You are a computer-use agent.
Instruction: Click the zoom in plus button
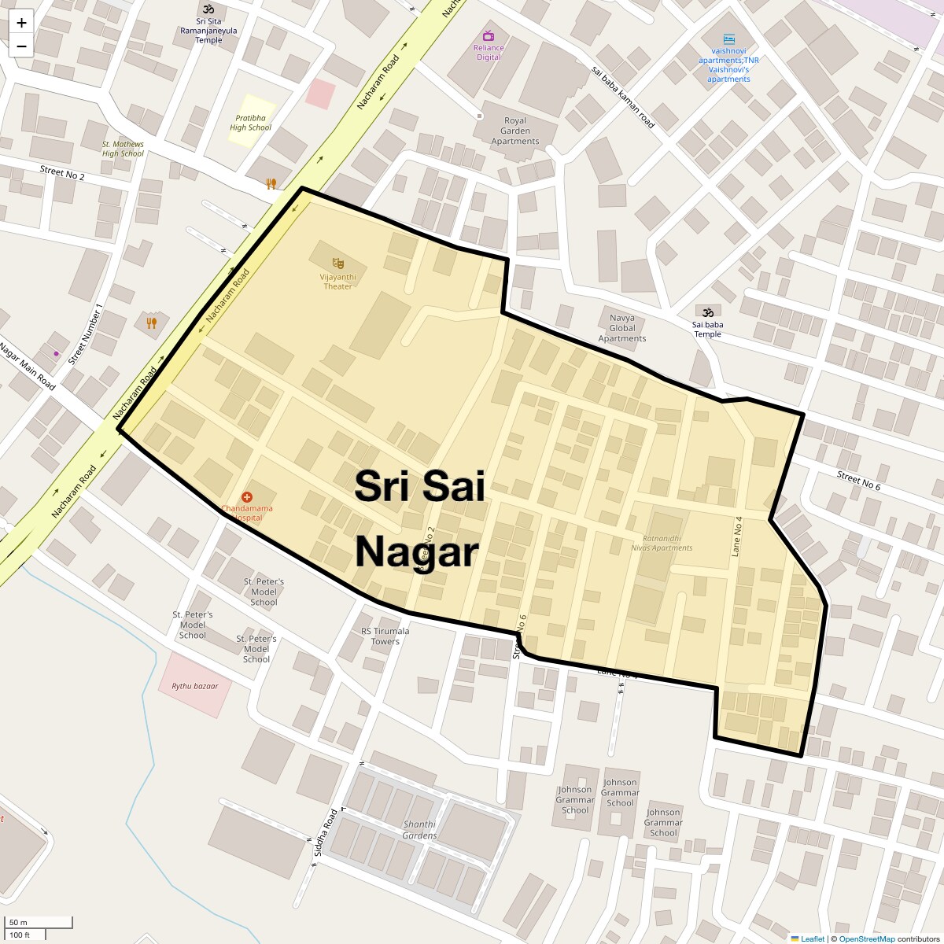pyautogui.click(x=21, y=23)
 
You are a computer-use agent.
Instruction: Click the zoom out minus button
pyautogui.click(x=21, y=46)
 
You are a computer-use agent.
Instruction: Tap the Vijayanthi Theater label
pyautogui.click(x=338, y=282)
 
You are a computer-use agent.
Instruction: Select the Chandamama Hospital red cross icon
pyautogui.click(x=247, y=496)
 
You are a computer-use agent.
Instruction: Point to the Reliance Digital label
pyautogui.click(x=489, y=52)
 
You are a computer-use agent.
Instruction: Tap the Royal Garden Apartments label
pyautogui.click(x=515, y=131)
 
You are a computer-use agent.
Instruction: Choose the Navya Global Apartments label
pyautogui.click(x=622, y=328)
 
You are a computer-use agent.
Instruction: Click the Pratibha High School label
pyautogui.click(x=250, y=123)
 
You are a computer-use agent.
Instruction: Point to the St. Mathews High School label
pyautogui.click(x=123, y=149)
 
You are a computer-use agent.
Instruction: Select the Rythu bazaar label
pyautogui.click(x=194, y=686)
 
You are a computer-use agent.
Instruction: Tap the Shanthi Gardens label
pyautogui.click(x=419, y=830)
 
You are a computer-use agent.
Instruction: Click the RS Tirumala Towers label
pyautogui.click(x=385, y=636)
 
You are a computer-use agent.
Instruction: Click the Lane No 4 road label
pyautogui.click(x=737, y=537)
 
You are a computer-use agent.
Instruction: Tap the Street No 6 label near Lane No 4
pyautogui.click(x=858, y=481)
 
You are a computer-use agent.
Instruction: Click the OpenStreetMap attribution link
pyautogui.click(x=866, y=938)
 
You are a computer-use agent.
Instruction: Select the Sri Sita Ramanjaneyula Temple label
pyautogui.click(x=208, y=31)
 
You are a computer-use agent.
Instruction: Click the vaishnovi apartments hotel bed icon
pyautogui.click(x=729, y=39)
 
